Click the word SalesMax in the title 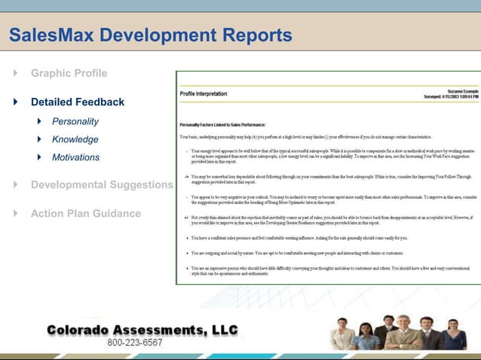(x=51, y=35)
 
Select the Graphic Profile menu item (x=69, y=74)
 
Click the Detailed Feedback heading (x=78, y=102)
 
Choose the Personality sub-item (x=75, y=121)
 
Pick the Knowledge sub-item (x=75, y=139)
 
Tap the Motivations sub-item (x=75, y=157)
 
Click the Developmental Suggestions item (x=102, y=185)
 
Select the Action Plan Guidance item (x=85, y=214)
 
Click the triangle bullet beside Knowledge (x=40, y=139)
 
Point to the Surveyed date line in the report (x=451, y=97)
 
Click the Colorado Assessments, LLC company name (x=142, y=330)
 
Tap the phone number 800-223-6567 (x=135, y=343)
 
